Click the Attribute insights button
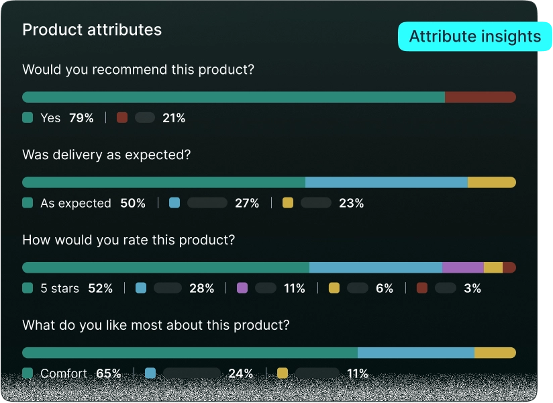[x=474, y=36]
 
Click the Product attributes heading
[x=92, y=30]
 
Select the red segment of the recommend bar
[x=481, y=97]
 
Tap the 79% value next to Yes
[x=81, y=118]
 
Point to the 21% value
[x=174, y=118]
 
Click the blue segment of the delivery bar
[x=387, y=182]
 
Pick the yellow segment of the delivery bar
[x=492, y=182]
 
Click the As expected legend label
[x=76, y=204]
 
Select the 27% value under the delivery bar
[x=247, y=204]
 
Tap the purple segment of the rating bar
[x=463, y=267]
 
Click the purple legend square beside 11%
[x=242, y=288]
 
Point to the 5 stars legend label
[x=60, y=288]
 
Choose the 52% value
[x=101, y=288]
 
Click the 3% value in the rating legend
[x=472, y=288]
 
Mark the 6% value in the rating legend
[x=385, y=288]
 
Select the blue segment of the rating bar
[x=376, y=267]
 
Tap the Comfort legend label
[x=64, y=373]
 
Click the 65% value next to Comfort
[x=109, y=373]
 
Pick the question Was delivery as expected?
[x=107, y=155]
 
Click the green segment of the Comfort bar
[x=190, y=353]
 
